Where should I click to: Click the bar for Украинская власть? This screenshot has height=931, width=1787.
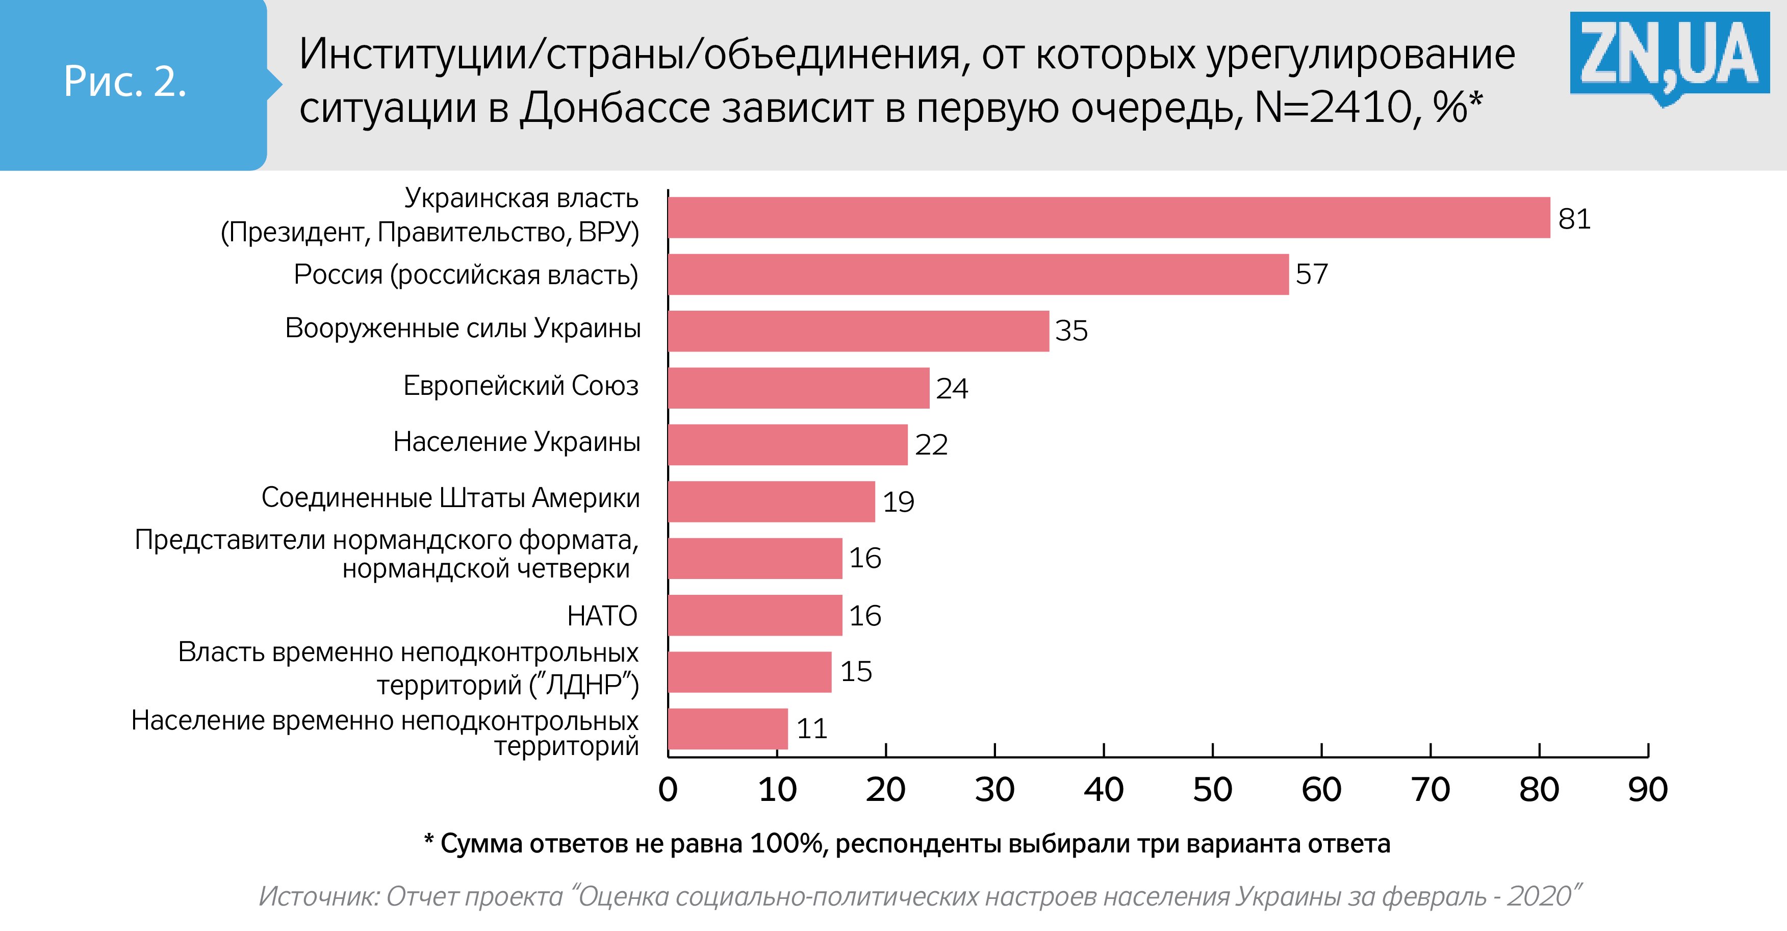tap(1109, 218)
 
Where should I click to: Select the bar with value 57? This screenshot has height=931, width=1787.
tap(978, 275)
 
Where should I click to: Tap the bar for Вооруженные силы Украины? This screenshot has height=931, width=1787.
tap(858, 331)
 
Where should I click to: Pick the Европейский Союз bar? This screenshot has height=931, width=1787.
tap(799, 388)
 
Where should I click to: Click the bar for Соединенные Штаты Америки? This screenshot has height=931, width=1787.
tap(772, 501)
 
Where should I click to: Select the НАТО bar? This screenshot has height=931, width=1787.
tap(755, 615)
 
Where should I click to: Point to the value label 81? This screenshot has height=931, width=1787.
tap(1574, 219)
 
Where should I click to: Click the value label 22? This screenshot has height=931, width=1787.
tap(931, 445)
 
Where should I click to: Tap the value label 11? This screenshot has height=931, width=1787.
tap(811, 729)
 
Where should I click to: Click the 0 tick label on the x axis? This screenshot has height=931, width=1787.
tap(668, 790)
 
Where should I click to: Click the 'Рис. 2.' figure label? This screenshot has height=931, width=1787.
tap(125, 82)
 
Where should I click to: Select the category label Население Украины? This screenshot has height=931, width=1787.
tap(517, 442)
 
